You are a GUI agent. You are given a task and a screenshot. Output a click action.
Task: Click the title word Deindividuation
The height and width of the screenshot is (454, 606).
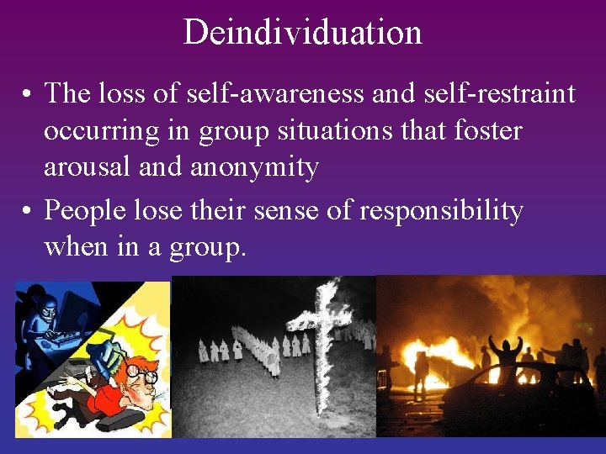[x=302, y=33]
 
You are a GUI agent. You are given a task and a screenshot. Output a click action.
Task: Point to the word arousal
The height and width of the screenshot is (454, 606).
[x=88, y=167]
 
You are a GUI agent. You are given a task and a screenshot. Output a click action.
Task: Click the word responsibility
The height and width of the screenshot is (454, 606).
[x=441, y=210]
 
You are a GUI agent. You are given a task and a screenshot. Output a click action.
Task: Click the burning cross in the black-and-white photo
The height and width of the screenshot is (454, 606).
[x=323, y=336]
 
